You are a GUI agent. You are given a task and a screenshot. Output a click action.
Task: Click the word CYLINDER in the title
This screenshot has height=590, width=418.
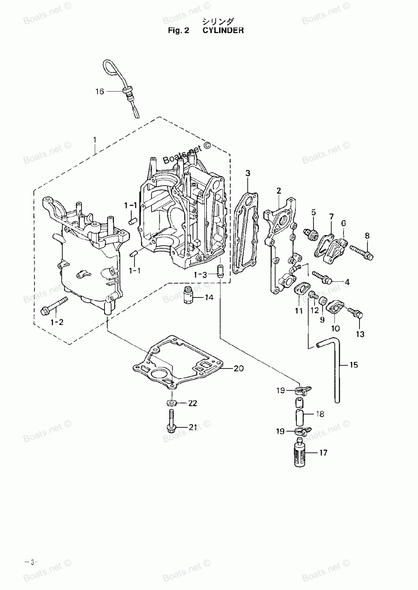(x=223, y=31)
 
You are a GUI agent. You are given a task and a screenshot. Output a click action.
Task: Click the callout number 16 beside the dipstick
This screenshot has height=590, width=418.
(x=99, y=92)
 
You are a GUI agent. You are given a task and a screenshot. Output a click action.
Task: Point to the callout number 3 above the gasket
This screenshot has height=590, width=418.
(x=248, y=173)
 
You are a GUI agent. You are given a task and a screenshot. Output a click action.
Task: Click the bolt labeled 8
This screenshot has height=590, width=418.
(x=361, y=252)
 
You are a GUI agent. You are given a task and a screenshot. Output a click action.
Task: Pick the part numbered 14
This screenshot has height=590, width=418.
(x=189, y=295)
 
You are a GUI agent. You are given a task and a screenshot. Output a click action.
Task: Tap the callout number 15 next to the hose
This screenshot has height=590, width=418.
(x=354, y=365)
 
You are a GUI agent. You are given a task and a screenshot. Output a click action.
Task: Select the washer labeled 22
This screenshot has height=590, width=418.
(x=172, y=403)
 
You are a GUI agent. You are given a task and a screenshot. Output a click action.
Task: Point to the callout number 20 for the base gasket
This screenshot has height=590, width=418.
(x=239, y=368)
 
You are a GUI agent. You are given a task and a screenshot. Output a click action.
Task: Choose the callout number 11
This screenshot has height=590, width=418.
(x=298, y=311)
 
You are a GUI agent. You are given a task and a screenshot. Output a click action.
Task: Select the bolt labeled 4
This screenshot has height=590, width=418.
(x=321, y=277)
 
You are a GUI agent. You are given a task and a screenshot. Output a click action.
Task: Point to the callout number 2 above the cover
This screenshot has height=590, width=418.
(x=278, y=191)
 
